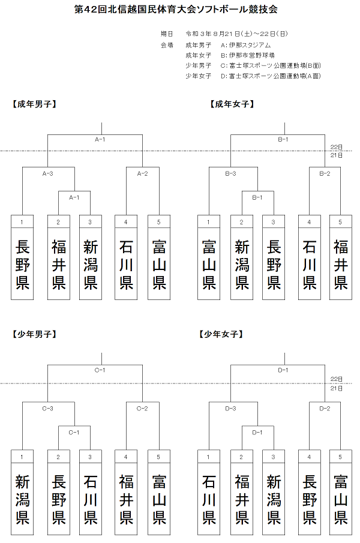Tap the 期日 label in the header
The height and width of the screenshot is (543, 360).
pyautogui.click(x=167, y=34)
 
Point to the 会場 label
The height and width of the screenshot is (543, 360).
pyautogui.click(x=167, y=44)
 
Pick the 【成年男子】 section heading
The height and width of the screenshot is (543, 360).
pyautogui.click(x=34, y=104)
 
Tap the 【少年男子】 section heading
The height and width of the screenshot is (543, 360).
pyautogui.click(x=34, y=334)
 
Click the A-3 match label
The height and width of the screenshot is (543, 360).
pyautogui.click(x=48, y=173)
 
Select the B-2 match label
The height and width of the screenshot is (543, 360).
pyautogui.click(x=325, y=173)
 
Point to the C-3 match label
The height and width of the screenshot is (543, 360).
pyautogui.click(x=48, y=409)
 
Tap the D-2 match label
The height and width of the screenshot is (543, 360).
pyautogui.click(x=325, y=409)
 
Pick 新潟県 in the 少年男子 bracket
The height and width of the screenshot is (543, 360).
pyautogui.click(x=22, y=499)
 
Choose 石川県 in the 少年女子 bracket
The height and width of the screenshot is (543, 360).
pyautogui.click(x=209, y=499)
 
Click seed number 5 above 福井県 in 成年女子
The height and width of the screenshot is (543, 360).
pyautogui.click(x=340, y=222)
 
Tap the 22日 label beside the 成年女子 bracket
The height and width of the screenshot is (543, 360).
pyautogui.click(x=337, y=146)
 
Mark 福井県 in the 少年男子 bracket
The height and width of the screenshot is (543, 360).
pyautogui.click(x=126, y=499)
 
